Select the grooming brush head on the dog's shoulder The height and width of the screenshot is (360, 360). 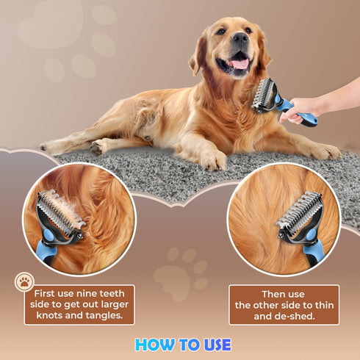(264, 95)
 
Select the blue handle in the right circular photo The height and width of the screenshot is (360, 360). (314, 249)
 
